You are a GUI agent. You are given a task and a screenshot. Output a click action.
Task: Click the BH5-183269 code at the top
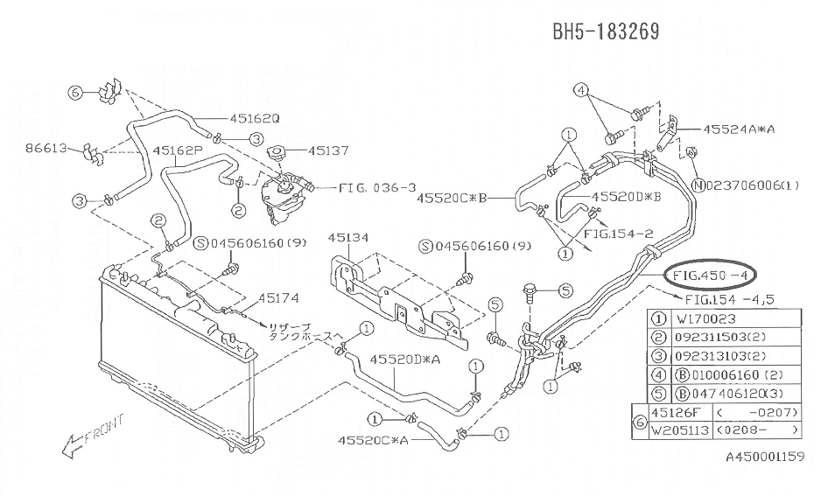605,31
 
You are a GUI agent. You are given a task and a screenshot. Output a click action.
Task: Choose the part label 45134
349,237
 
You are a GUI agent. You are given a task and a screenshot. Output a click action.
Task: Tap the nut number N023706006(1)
745,185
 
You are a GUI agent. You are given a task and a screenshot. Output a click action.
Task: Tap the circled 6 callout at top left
75,92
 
